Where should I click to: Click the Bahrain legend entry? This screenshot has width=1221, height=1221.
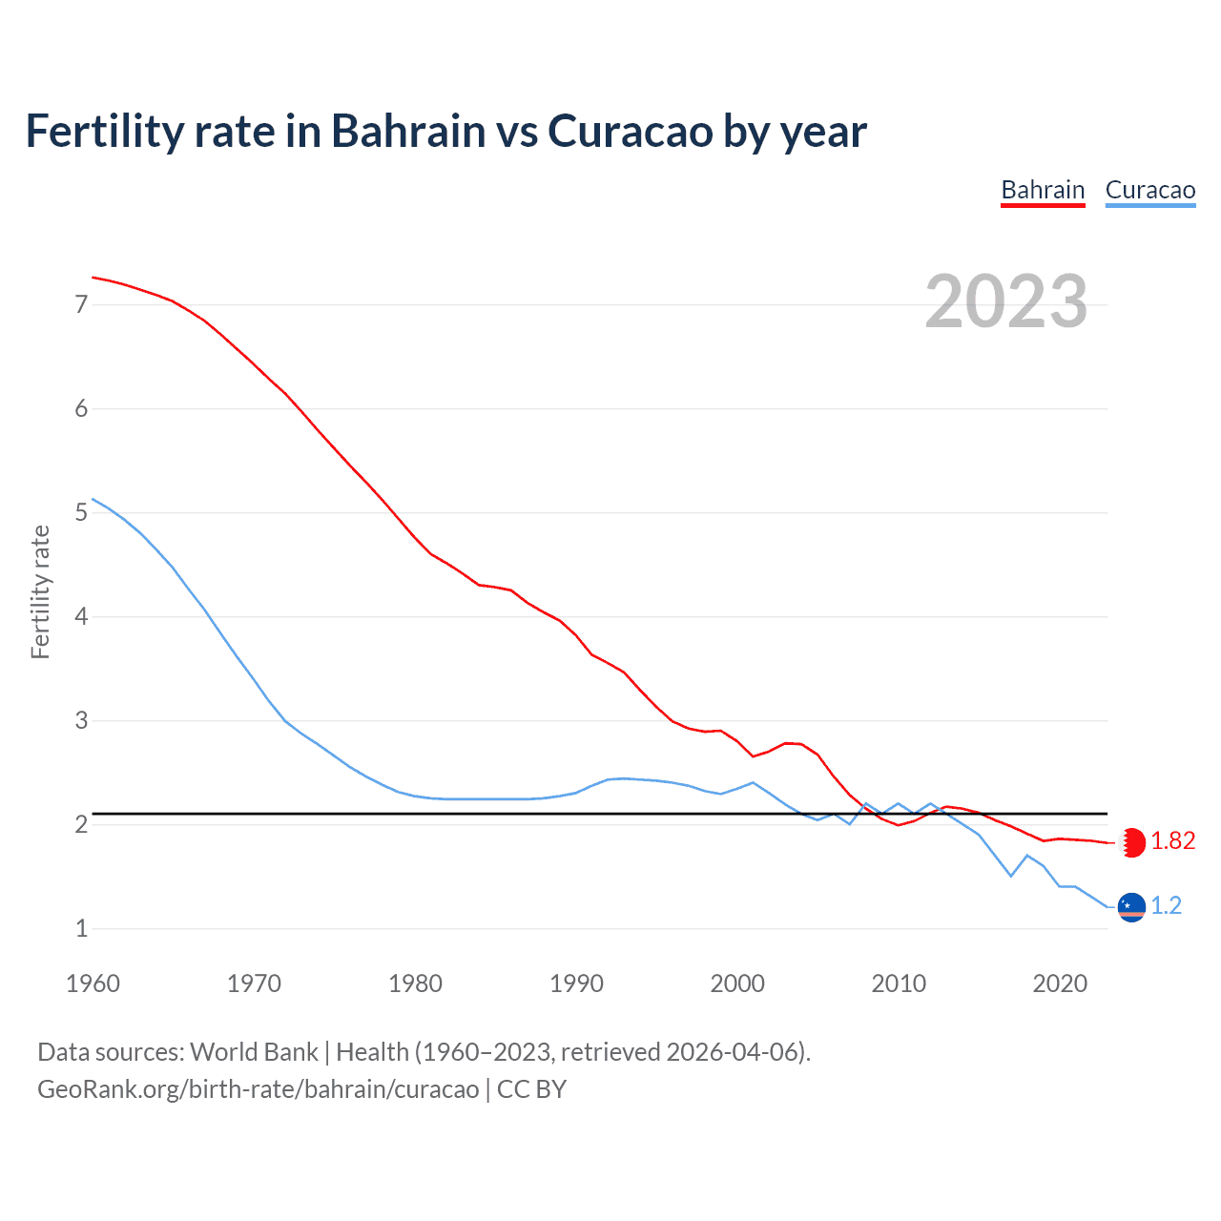(1043, 190)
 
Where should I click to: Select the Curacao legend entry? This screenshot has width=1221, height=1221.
(1149, 190)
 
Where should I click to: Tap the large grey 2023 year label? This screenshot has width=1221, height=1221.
(1006, 301)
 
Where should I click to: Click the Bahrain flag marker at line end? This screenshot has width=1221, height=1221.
(1131, 842)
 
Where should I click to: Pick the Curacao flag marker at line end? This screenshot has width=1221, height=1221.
(1131, 906)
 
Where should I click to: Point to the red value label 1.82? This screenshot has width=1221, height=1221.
(1172, 841)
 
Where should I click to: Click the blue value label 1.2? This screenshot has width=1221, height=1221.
(1166, 906)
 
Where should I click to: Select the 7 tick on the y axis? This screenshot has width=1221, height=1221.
(81, 305)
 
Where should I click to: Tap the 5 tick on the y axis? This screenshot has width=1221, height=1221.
(81, 513)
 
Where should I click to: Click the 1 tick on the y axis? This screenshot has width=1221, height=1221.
(81, 928)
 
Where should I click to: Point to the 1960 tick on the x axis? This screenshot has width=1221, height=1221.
(93, 983)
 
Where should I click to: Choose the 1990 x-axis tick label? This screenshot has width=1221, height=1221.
(576, 983)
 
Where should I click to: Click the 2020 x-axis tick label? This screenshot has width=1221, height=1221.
(1060, 983)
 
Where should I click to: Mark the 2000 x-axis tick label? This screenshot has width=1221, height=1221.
(737, 983)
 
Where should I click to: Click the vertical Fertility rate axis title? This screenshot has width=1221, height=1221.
(40, 591)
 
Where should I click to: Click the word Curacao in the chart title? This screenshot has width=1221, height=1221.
(630, 132)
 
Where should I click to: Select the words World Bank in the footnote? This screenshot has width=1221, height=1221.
(254, 1052)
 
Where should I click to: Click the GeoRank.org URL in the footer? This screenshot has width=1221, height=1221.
(258, 1089)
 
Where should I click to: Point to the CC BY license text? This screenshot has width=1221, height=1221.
(532, 1089)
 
